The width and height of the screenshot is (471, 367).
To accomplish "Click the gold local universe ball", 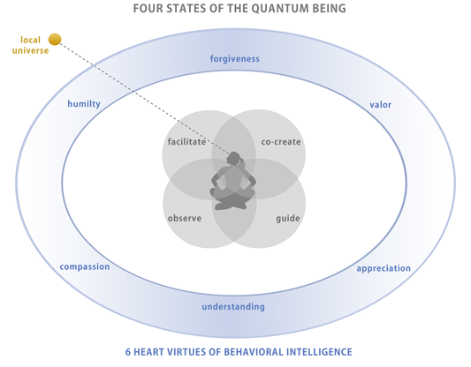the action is tap(55, 40).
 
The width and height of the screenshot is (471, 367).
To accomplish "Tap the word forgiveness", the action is tap(234, 59).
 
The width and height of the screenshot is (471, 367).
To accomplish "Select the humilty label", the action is tap(84, 104).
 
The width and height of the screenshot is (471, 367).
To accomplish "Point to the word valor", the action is tap(380, 105).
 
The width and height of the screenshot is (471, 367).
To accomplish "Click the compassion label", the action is tap(85, 266).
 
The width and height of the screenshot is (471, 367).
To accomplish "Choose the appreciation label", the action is tap(384, 268).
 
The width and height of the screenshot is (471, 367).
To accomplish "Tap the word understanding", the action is tap(233, 307).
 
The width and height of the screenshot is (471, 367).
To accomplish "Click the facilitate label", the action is tap(186, 141).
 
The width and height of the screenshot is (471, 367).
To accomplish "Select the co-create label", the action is tap(281, 142).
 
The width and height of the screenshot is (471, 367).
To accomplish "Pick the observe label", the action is tap(185, 218).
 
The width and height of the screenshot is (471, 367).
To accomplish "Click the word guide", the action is tap(288, 218).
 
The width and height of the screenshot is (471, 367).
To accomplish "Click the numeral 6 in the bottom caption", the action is tap(128, 352).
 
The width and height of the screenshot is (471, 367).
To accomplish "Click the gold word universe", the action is tap(30, 50).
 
